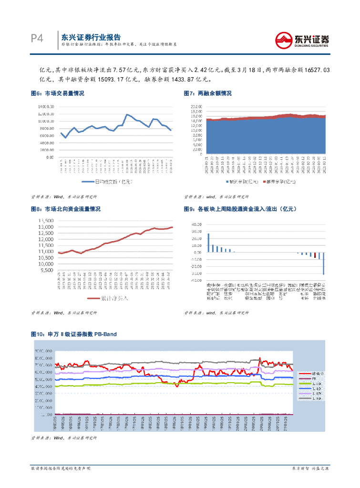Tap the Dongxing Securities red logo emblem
pyautogui.click(x=284, y=40)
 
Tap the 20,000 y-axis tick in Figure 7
pyautogui.click(x=197, y=106)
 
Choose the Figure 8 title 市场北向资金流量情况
pyautogui.click(x=72, y=209)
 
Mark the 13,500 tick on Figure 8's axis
pyautogui.click(x=46, y=221)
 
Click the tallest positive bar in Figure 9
pyautogui.click(x=208, y=243)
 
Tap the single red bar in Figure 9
pyautogui.click(x=315, y=255)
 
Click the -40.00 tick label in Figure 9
pyautogui.click(x=197, y=281)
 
